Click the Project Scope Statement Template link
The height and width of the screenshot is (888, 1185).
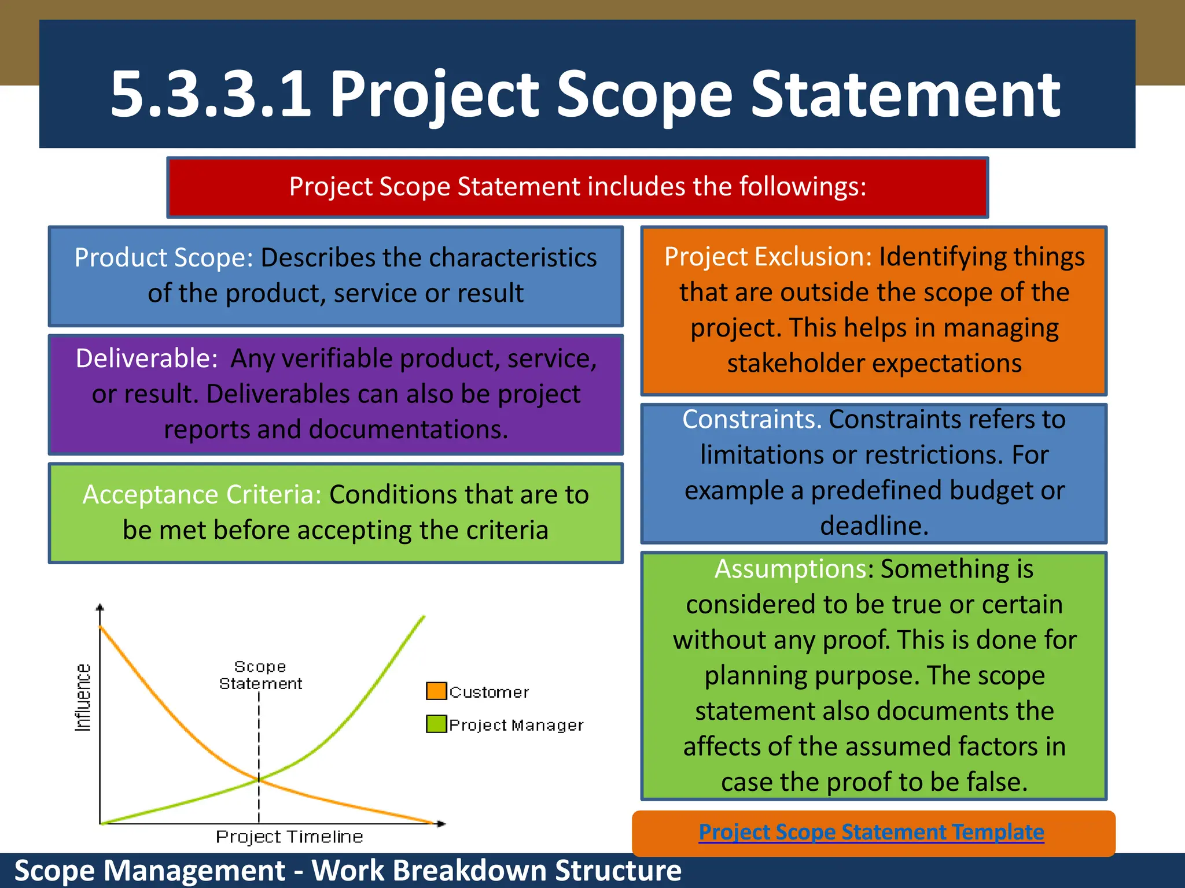pos(871,832)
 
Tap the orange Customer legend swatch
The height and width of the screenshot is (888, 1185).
pos(436,691)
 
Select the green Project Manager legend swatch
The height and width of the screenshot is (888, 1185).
pos(436,724)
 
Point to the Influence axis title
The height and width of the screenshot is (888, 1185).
pos(83,697)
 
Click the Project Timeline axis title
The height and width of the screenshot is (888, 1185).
pos(289,837)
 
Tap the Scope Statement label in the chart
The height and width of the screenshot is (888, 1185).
pos(260,675)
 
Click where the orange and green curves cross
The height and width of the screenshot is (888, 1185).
pos(259,780)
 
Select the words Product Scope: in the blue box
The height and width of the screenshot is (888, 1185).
pos(164,258)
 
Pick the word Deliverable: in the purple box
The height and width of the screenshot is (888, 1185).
pos(146,358)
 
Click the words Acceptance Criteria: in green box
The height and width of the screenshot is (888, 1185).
pos(202,495)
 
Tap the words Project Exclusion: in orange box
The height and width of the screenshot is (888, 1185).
pos(768,257)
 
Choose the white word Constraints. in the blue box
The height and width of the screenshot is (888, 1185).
pos(752,419)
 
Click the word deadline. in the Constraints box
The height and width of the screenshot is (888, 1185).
pos(874,526)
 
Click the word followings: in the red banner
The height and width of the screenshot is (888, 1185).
pos(802,187)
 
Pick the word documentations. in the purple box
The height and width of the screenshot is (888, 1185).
pos(408,430)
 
